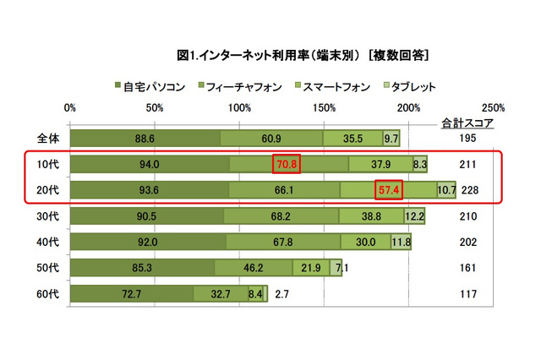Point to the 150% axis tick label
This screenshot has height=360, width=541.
324,108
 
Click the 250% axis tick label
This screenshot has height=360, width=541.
493,108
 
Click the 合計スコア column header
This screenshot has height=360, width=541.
467,123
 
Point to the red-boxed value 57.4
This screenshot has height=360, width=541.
389,190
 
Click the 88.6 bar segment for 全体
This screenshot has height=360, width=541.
144,138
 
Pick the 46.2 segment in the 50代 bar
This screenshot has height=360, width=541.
254,269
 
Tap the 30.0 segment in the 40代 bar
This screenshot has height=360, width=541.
366,243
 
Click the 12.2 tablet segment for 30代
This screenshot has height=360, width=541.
414,216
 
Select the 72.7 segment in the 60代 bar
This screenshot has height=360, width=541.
131,295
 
